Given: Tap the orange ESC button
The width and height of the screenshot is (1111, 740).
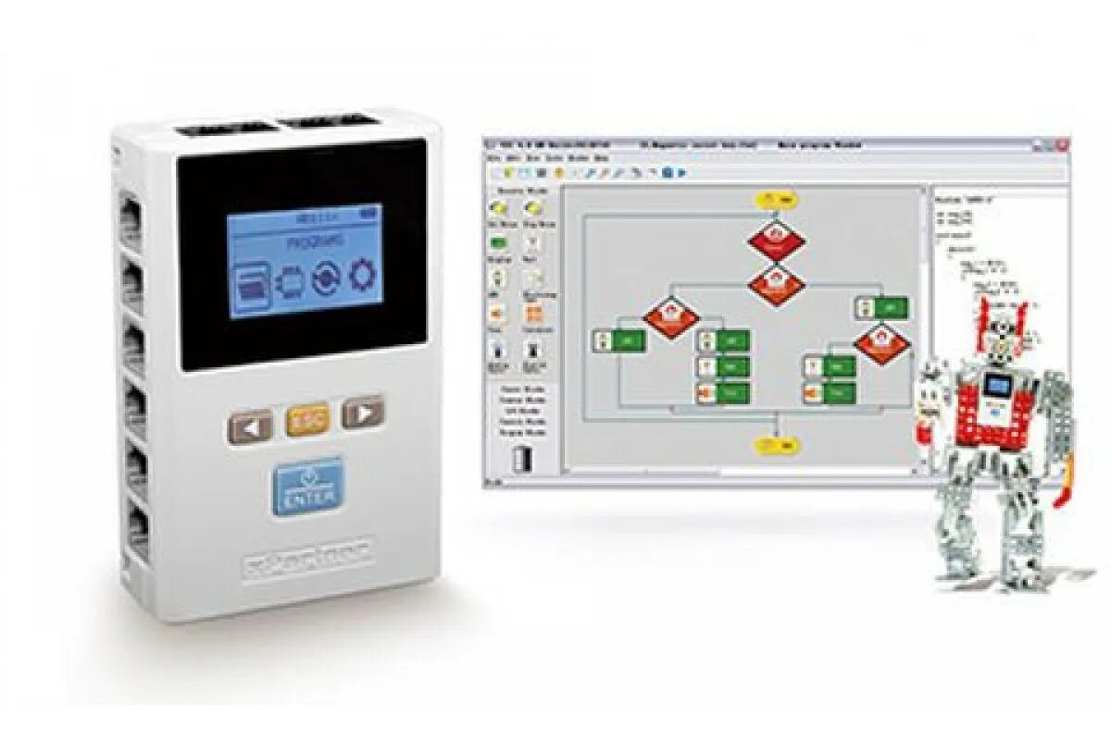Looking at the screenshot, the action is tap(307, 421).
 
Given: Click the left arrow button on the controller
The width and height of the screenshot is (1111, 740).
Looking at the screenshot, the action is tap(249, 426).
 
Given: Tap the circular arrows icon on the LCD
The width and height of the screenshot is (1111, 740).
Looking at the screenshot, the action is tap(326, 277).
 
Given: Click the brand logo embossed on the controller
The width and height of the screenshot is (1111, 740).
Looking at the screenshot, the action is tap(308, 555).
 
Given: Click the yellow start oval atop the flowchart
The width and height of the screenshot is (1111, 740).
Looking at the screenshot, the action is tap(776, 199).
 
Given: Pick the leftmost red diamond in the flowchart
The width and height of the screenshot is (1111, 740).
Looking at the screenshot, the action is tap(671, 316).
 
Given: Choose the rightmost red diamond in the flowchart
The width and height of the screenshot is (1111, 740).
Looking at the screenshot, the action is tap(880, 343).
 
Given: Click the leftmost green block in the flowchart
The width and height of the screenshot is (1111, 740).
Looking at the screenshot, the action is tap(618, 340).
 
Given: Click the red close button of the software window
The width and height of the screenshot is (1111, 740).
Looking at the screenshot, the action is tap(1065, 145).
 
